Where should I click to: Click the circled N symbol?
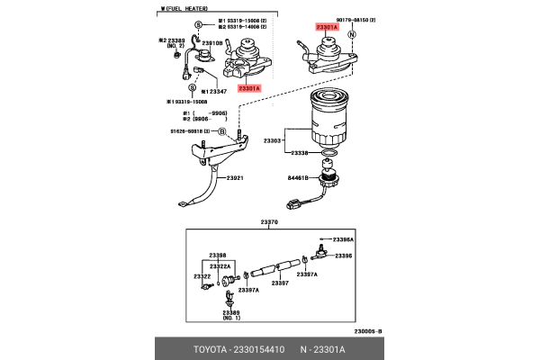coord(353,35)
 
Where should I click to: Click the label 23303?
coord(273,140)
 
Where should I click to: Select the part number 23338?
coord(299,154)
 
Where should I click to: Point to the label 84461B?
coord(300,179)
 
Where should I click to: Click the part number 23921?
coord(235,178)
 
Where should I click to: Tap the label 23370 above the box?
coord(269,221)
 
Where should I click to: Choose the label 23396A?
coord(343,240)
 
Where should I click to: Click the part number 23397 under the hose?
coord(280,283)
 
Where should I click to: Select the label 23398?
coord(218,256)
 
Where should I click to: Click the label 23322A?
coord(220,266)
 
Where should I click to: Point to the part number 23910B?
coord(212,42)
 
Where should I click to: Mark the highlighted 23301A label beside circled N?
coord(327,28)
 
